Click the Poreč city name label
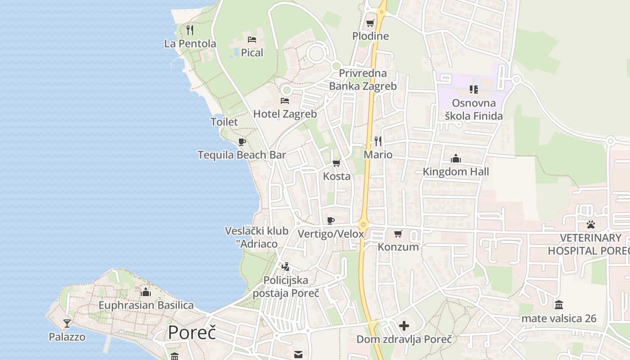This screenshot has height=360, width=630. (192, 333)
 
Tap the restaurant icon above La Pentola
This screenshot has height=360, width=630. (190, 30)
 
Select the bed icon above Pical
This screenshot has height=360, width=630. (252, 40)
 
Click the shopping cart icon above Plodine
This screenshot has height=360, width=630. (370, 23)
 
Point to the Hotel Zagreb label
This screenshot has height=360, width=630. (285, 114)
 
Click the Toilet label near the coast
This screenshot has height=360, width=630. (224, 122)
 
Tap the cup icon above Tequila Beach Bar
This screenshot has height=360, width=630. (242, 142)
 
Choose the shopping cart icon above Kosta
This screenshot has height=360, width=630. (336, 163)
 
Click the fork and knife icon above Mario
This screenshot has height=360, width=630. (378, 141)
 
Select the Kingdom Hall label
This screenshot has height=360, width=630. (456, 171)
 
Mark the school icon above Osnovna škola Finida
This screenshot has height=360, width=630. (473, 90)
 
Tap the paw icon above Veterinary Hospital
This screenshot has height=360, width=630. (591, 224)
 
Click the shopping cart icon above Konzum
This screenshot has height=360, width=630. (398, 234)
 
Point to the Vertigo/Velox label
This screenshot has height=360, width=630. (331, 234)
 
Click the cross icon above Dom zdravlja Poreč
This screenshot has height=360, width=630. (404, 326)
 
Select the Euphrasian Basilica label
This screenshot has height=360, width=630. (146, 305)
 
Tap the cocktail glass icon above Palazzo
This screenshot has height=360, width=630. (67, 323)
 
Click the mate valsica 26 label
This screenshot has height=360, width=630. (559, 319)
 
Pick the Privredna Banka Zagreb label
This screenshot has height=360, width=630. (363, 79)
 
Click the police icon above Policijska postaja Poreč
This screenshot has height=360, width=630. (285, 267)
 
